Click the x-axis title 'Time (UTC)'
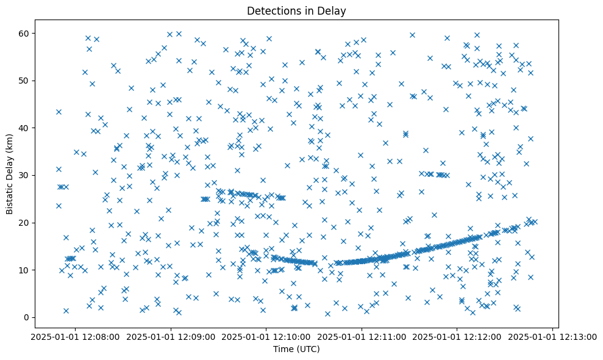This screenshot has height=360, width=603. pos(296,350)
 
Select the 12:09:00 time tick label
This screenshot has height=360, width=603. pos(171,336)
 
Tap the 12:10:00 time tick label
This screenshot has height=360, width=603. pos(266,336)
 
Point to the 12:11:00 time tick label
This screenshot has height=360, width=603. pos(362,336)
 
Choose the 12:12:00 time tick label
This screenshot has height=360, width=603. pos(457,336)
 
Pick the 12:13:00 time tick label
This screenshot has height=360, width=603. pos(552,336)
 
